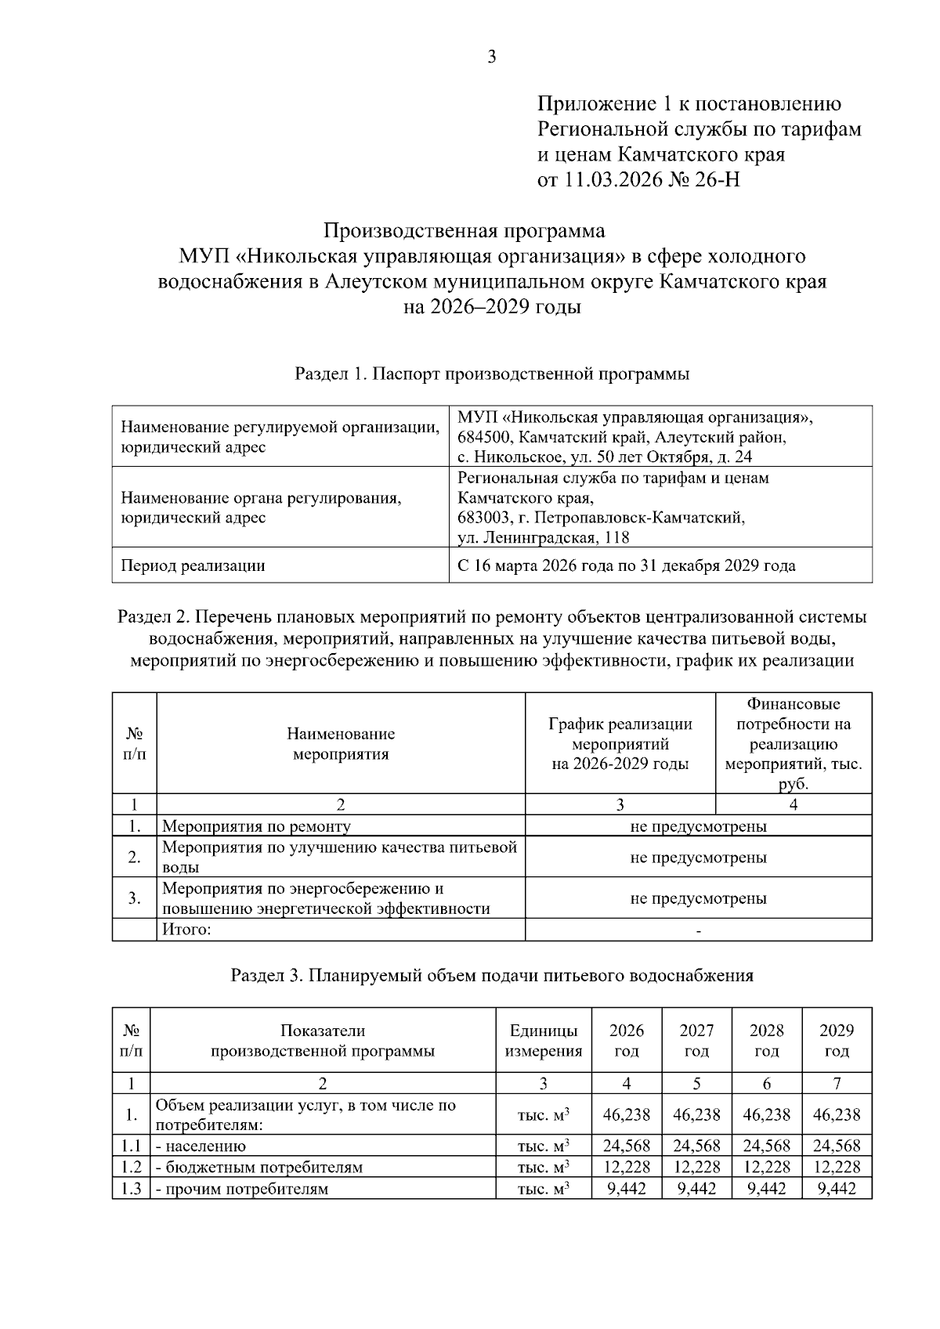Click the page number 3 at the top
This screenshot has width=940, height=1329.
pyautogui.click(x=491, y=56)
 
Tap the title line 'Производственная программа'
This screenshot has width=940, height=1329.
pyautogui.click(x=465, y=231)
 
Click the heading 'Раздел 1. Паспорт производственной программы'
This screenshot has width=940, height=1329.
pyautogui.click(x=491, y=374)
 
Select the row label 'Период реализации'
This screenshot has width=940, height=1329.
pyautogui.click(x=192, y=565)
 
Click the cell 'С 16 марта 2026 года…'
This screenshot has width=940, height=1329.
pyautogui.click(x=626, y=565)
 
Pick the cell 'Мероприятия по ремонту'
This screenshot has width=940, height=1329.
pyautogui.click(x=256, y=826)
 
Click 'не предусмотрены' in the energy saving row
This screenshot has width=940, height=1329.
pyautogui.click(x=698, y=898)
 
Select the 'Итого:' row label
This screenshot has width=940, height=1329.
pyautogui.click(x=186, y=930)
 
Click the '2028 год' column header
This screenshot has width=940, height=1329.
pyautogui.click(x=766, y=1040)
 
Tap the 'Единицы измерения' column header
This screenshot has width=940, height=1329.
pyautogui.click(x=544, y=1040)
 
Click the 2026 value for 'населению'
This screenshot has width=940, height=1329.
pyautogui.click(x=627, y=1146)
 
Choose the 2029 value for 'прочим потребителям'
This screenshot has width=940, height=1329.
pyautogui.click(x=837, y=1189)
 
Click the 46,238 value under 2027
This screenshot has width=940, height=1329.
pyautogui.click(x=696, y=1114)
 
